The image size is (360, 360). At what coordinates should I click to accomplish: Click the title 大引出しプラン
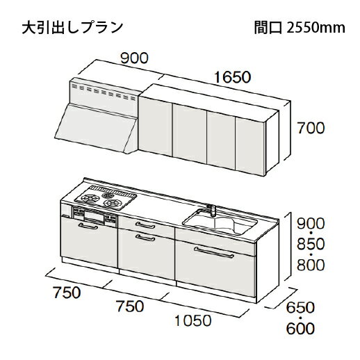click(x=72, y=28)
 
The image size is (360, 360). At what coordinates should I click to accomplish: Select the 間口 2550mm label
click(x=300, y=28)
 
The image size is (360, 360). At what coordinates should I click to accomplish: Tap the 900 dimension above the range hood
click(x=134, y=58)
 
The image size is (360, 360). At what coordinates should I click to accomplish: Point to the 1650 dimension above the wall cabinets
click(x=232, y=77)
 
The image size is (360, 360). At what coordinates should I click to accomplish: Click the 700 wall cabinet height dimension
click(x=311, y=128)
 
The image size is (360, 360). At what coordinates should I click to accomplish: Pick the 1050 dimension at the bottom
click(x=193, y=320)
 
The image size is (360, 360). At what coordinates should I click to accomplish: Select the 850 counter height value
click(x=311, y=244)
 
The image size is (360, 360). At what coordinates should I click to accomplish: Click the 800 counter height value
click(x=311, y=265)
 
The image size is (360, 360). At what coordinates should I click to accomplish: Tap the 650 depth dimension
click(x=300, y=308)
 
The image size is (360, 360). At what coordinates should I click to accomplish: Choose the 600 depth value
click(x=300, y=328)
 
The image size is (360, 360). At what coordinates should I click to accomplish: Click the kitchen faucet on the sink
click(x=211, y=210)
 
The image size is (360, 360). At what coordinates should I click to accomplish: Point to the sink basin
click(x=220, y=222)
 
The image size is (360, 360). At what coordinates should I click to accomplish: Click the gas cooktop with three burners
click(x=106, y=197)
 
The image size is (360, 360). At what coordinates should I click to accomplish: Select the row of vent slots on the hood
click(x=104, y=92)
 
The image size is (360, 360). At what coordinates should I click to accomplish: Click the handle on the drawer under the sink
click(x=214, y=252)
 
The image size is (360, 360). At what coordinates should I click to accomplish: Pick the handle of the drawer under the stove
click(x=88, y=226)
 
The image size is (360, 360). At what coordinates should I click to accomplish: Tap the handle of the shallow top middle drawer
click(x=145, y=225)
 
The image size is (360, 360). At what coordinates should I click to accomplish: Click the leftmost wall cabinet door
click(x=155, y=126)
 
